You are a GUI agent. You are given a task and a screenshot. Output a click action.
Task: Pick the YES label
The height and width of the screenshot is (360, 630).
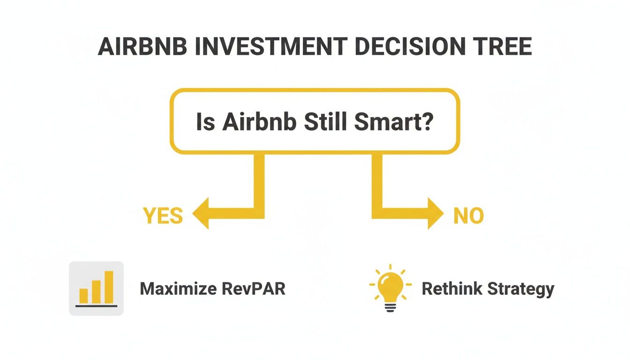(163, 216)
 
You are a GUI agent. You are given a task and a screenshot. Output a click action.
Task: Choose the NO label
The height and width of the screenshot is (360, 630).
(468, 216)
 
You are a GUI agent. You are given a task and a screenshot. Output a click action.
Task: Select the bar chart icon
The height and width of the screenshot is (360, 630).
(96, 288)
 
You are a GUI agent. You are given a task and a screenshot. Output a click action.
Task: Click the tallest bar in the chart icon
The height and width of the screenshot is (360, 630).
(109, 286)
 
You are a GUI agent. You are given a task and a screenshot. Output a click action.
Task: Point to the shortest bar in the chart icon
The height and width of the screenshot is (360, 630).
(84, 295)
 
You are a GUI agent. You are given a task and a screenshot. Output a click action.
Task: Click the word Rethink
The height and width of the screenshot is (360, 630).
(451, 289)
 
